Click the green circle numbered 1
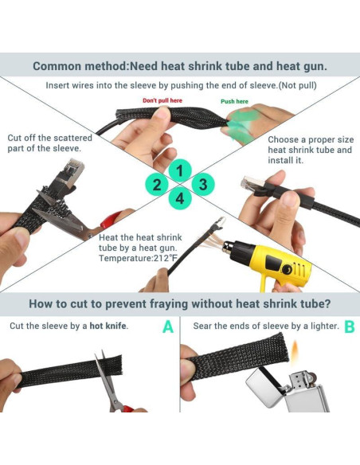click(x=180, y=170)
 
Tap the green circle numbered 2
click(x=157, y=185)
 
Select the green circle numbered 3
click(x=203, y=185)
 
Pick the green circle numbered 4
click(x=180, y=198)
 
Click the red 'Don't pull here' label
click(x=162, y=100)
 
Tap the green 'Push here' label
click(x=234, y=101)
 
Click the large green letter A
click(x=168, y=326)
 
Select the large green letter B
click(x=350, y=326)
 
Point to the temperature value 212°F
click(x=165, y=258)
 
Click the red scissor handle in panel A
click(x=127, y=408)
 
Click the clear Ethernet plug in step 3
click(x=252, y=184)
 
